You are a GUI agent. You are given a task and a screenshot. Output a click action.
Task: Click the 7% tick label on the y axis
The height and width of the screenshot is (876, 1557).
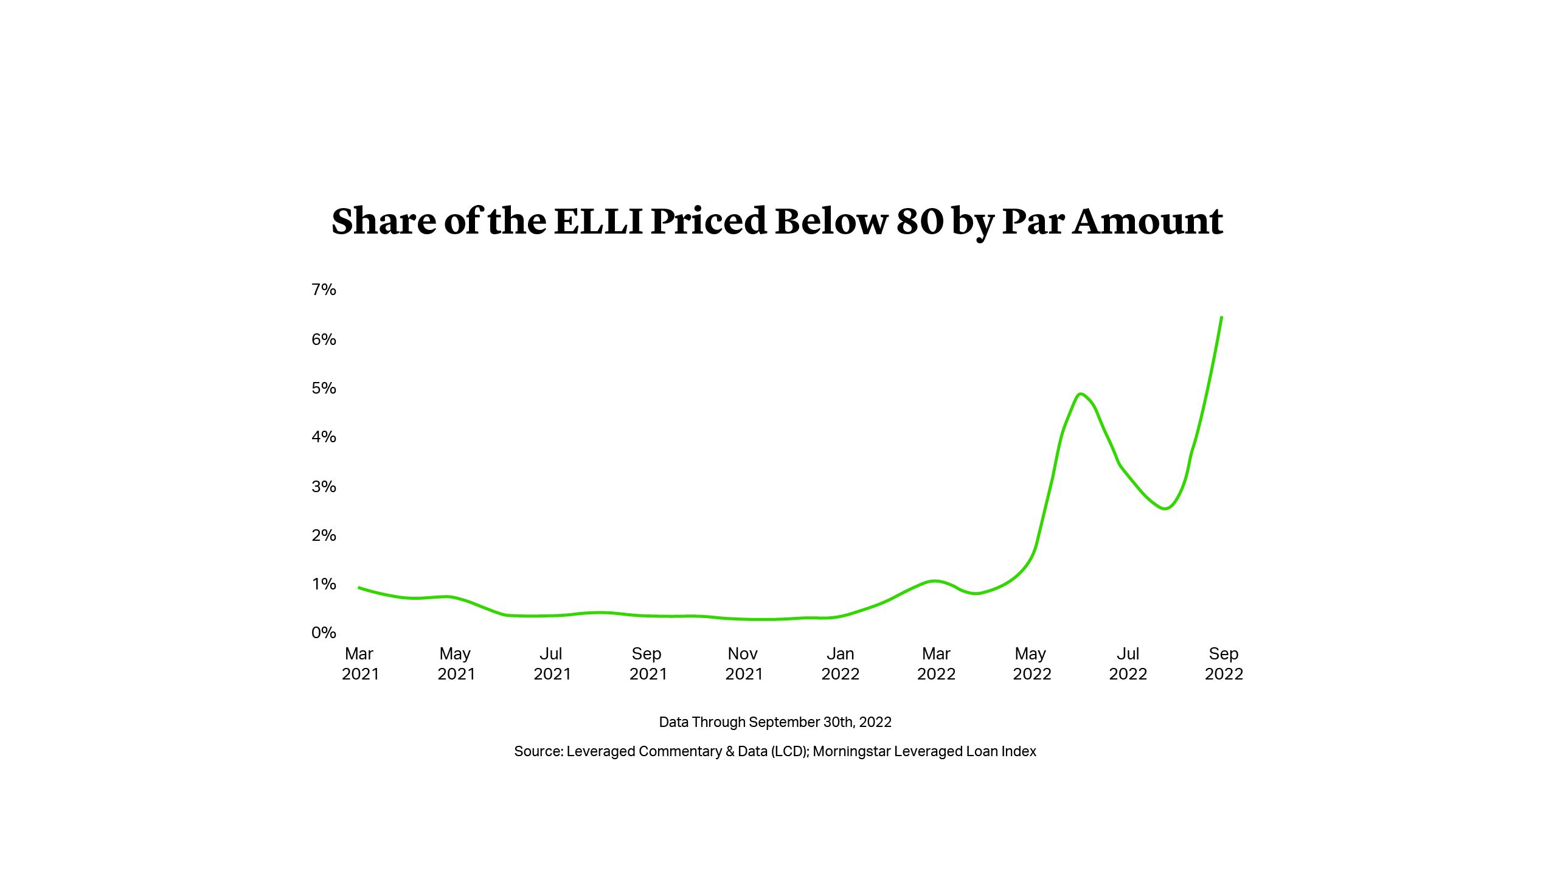click(x=324, y=290)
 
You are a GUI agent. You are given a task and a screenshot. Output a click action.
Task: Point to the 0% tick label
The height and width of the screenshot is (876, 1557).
click(x=324, y=633)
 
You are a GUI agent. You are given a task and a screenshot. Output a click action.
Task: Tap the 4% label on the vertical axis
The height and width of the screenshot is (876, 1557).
click(x=324, y=437)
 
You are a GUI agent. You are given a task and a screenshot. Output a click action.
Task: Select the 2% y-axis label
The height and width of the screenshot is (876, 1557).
click(x=324, y=535)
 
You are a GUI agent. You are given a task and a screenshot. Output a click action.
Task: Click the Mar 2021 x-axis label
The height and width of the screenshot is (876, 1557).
click(x=360, y=664)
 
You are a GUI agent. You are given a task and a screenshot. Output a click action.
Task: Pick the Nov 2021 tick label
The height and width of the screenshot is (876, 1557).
click(x=743, y=664)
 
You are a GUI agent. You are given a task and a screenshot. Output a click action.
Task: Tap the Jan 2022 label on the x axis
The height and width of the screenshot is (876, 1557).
click(x=840, y=664)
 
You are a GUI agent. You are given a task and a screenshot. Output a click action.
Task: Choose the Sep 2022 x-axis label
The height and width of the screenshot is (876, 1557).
click(x=1224, y=664)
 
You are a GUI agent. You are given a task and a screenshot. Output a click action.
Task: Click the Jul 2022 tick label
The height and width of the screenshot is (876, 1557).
click(x=1128, y=664)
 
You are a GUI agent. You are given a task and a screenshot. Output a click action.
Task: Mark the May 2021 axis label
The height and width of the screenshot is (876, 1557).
click(x=456, y=664)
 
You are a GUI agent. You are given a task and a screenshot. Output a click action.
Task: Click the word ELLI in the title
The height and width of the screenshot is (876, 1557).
click(x=598, y=221)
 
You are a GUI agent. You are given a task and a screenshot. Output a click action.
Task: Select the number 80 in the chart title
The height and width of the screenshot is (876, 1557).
click(x=919, y=221)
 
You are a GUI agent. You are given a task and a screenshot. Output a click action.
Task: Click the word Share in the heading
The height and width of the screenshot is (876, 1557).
click(x=384, y=221)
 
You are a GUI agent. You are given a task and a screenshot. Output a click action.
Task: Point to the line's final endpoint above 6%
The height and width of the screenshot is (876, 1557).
click(x=1222, y=317)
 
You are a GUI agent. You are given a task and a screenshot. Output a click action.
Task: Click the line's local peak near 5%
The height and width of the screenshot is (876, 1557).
click(x=1081, y=394)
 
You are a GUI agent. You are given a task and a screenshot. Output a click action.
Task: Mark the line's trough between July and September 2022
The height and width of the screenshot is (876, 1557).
click(x=1165, y=509)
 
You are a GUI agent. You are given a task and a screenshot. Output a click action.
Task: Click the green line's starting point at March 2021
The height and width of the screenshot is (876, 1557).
click(x=359, y=588)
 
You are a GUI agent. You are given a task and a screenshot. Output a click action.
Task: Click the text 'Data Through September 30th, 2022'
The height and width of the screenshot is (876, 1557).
click(x=775, y=722)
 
